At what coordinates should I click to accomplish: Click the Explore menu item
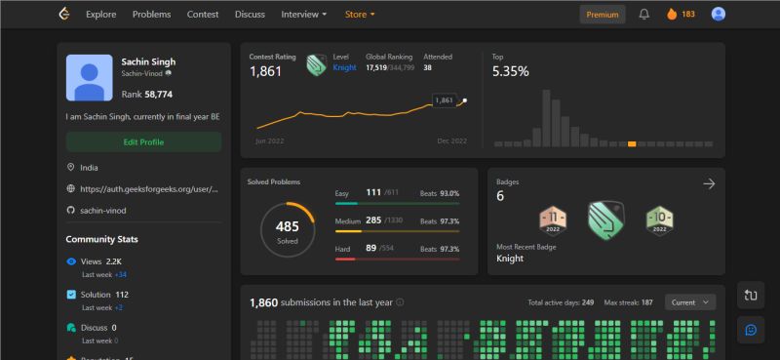click(100, 15)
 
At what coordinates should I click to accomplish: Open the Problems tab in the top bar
click(151, 15)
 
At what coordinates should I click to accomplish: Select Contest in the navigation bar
click(203, 15)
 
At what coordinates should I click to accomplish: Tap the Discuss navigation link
click(250, 15)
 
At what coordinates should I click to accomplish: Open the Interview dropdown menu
click(303, 15)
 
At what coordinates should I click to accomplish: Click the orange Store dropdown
click(360, 15)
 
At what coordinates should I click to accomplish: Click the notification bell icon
click(643, 15)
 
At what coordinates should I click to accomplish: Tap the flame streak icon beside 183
click(671, 15)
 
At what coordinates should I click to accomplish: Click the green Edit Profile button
click(143, 141)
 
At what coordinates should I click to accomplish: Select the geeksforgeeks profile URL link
click(147, 189)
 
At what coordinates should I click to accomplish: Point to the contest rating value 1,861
click(265, 71)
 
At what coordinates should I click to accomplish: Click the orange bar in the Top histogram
click(632, 143)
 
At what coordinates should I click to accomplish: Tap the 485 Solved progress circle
click(287, 230)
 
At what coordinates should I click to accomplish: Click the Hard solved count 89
click(371, 248)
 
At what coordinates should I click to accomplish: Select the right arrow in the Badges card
click(709, 183)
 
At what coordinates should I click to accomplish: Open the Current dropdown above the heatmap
click(689, 302)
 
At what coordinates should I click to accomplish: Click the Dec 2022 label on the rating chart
click(451, 141)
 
